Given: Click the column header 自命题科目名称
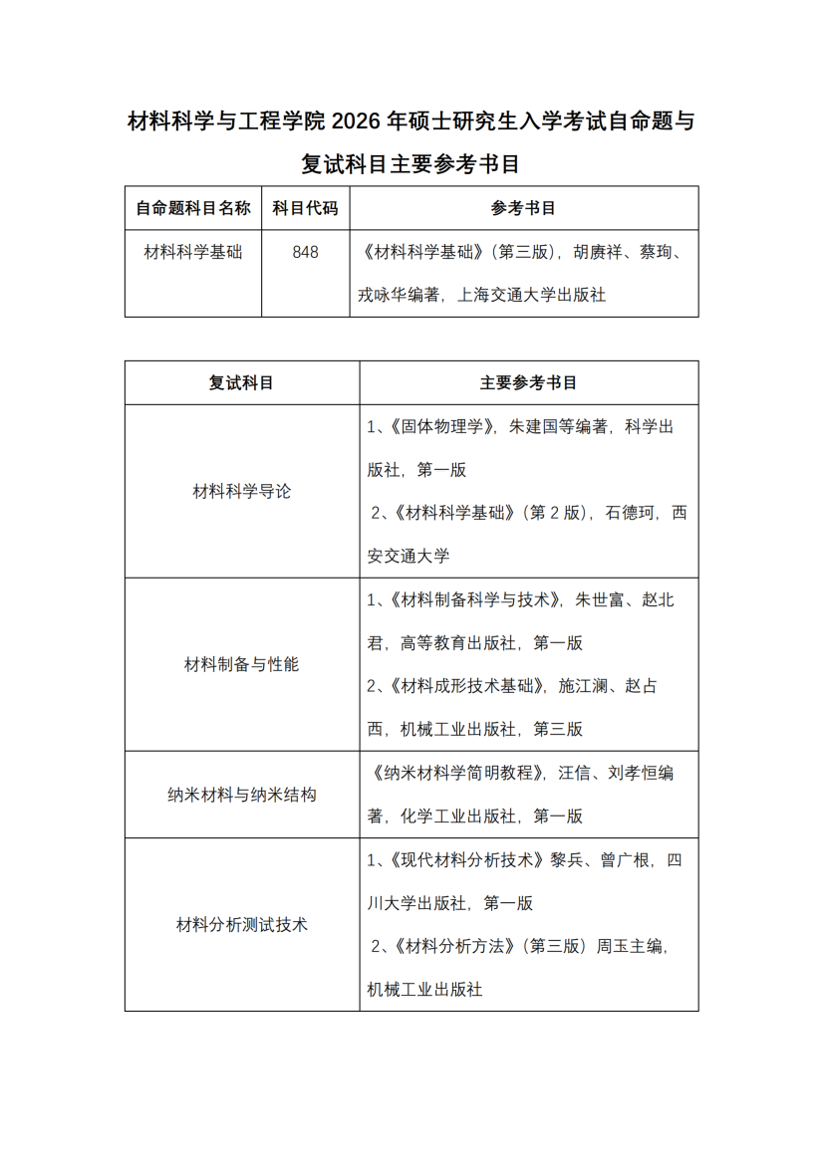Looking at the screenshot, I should [x=193, y=208].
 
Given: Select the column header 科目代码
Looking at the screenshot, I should [x=305, y=208].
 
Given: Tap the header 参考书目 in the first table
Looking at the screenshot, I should [x=523, y=208].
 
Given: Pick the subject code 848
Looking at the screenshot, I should [x=305, y=253].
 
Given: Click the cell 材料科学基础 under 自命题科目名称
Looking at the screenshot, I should [x=193, y=253].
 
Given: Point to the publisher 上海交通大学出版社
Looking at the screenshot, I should [x=531, y=295].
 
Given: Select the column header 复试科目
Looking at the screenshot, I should [x=241, y=382].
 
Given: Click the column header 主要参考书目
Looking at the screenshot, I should [x=528, y=382].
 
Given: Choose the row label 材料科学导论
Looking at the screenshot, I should [x=241, y=491].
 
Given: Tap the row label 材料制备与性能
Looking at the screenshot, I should [x=241, y=664].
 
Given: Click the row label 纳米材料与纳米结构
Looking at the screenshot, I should [x=241, y=795].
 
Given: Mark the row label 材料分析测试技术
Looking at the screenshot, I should [x=241, y=925].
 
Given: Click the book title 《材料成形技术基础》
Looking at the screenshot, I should [x=461, y=686].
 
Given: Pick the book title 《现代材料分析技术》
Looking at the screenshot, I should [x=463, y=859].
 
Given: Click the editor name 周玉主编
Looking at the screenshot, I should [x=627, y=947].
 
